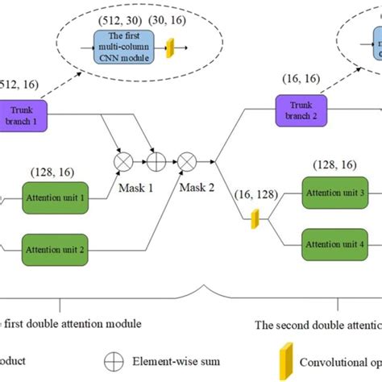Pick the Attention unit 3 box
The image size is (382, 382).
(332, 193)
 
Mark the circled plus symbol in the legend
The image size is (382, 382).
(113, 362)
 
